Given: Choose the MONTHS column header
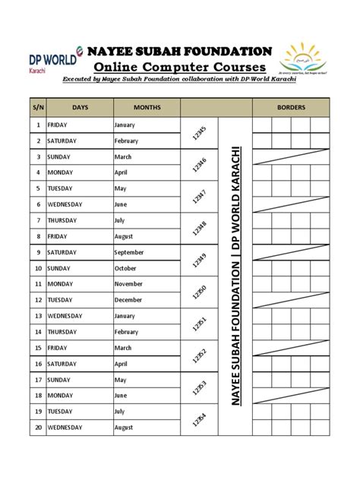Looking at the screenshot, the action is [x=146, y=108].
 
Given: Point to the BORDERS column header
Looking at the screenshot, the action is [x=290, y=108].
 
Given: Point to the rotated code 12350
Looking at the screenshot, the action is [x=200, y=292].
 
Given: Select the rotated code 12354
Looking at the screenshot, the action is [x=200, y=418].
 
